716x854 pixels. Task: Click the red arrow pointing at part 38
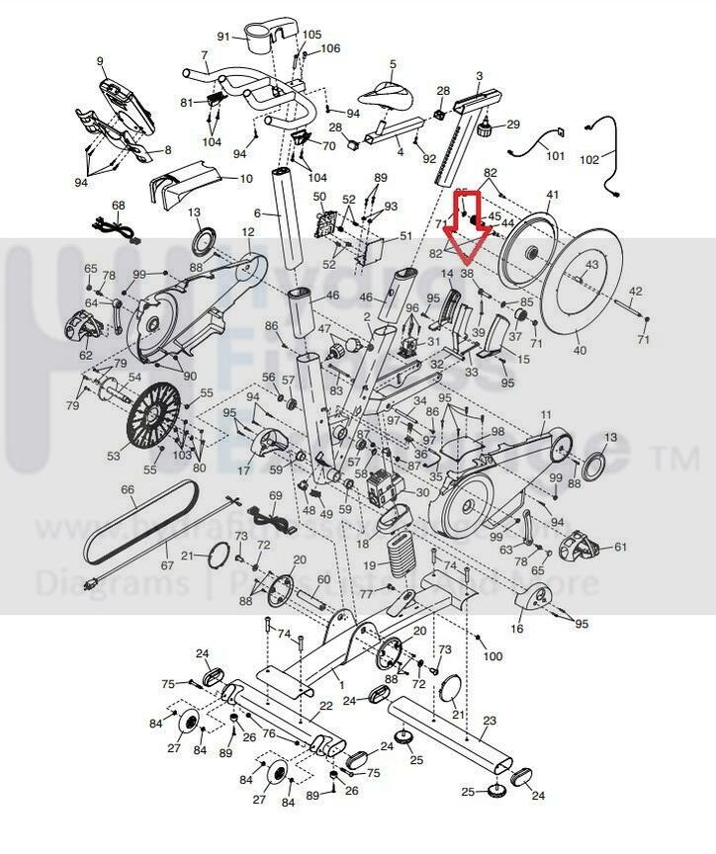tap(464, 235)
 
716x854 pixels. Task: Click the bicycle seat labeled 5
tap(382, 95)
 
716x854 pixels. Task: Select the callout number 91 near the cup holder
tap(224, 37)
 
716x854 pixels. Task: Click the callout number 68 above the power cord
tap(119, 206)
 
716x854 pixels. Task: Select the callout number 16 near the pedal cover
tap(516, 629)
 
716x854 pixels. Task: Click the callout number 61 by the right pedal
tap(620, 547)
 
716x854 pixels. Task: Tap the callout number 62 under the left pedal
tap(86, 355)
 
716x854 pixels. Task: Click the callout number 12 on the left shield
tap(248, 232)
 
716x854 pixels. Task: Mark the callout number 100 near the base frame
tap(492, 656)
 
